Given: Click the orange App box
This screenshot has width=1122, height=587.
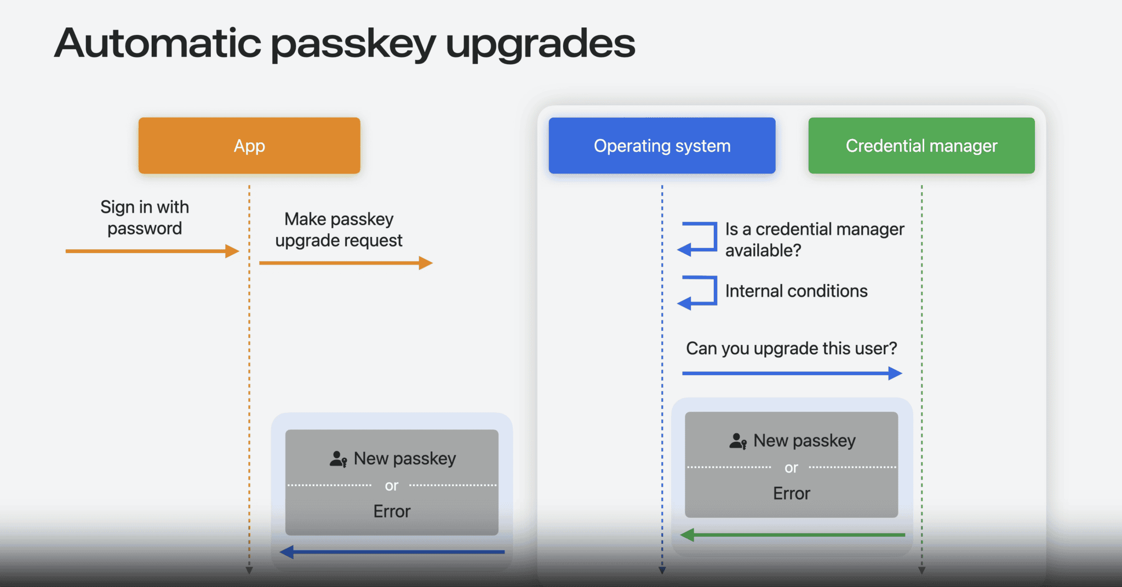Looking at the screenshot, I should [x=249, y=146].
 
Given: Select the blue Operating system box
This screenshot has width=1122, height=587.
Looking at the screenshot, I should [x=662, y=146].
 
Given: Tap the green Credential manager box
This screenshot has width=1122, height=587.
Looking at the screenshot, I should [x=921, y=146].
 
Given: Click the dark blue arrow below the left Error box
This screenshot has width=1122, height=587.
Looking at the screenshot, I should [x=392, y=552].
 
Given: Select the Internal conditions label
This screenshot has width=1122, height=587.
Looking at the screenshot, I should [x=796, y=291].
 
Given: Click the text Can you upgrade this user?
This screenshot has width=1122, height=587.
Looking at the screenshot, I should [x=792, y=348].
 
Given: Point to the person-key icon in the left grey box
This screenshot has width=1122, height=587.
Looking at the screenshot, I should [x=338, y=459].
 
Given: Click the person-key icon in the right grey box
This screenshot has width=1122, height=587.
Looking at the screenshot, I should [x=738, y=441].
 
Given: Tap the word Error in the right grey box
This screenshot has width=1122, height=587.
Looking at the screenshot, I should [x=792, y=493].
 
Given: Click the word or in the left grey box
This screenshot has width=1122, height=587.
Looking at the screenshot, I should [x=391, y=486].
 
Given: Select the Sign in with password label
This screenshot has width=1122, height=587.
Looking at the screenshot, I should [x=145, y=218].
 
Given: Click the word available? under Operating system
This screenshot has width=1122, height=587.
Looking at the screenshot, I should [x=763, y=250].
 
